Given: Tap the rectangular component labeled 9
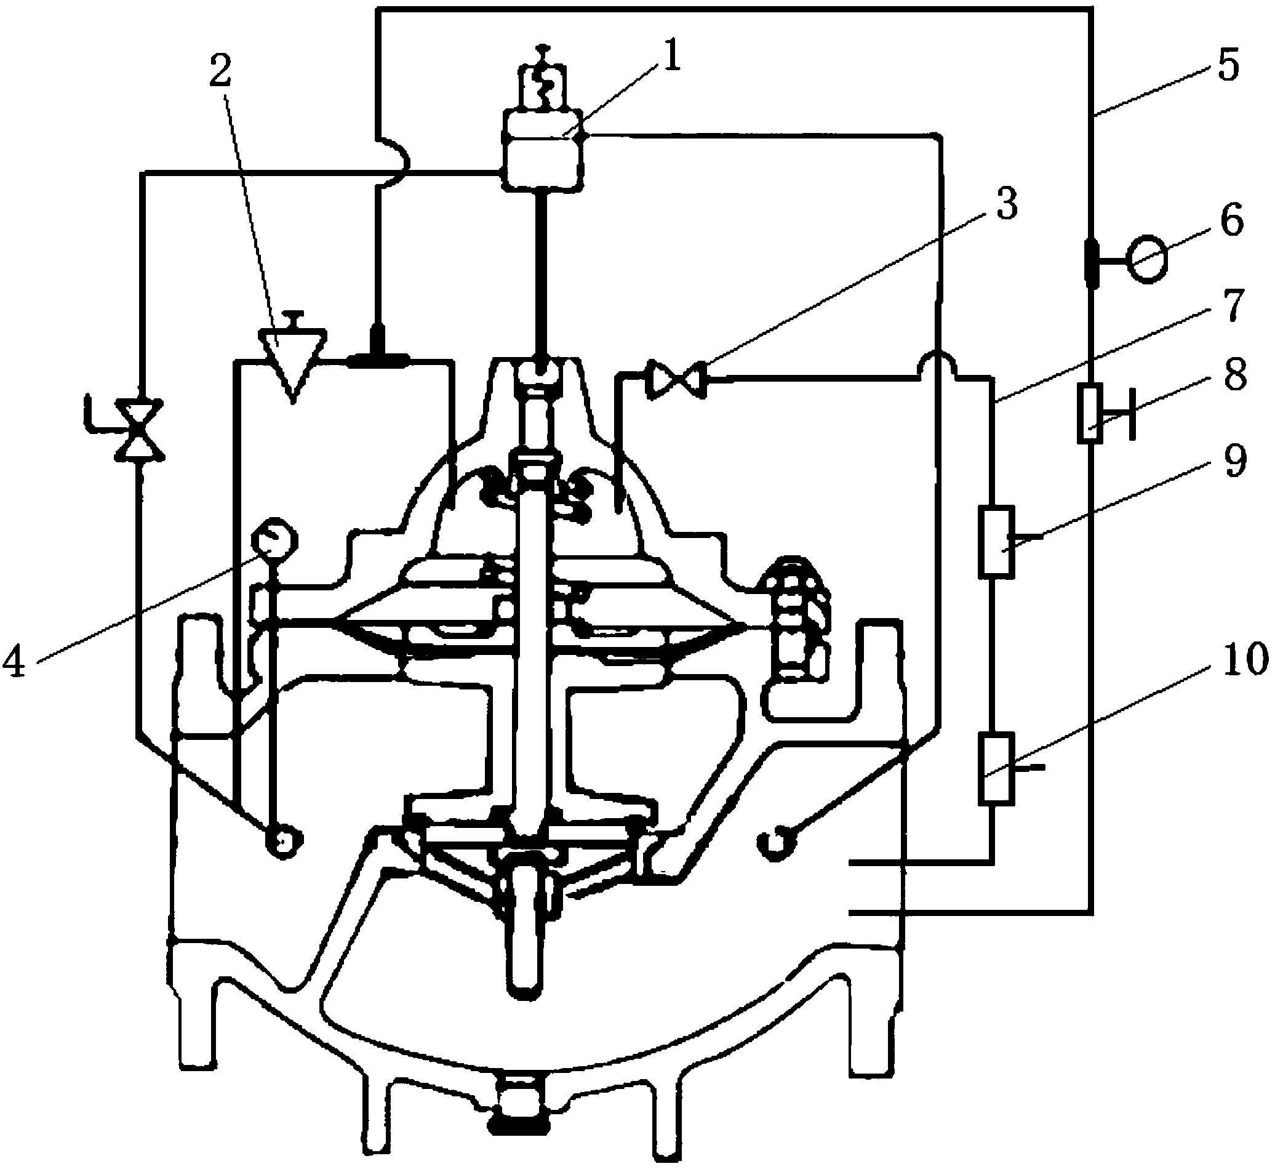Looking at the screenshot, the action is point(996,542).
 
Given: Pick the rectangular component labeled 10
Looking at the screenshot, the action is point(996,769).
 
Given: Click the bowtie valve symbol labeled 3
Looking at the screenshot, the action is point(676,379).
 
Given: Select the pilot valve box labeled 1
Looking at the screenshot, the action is point(542,148).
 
